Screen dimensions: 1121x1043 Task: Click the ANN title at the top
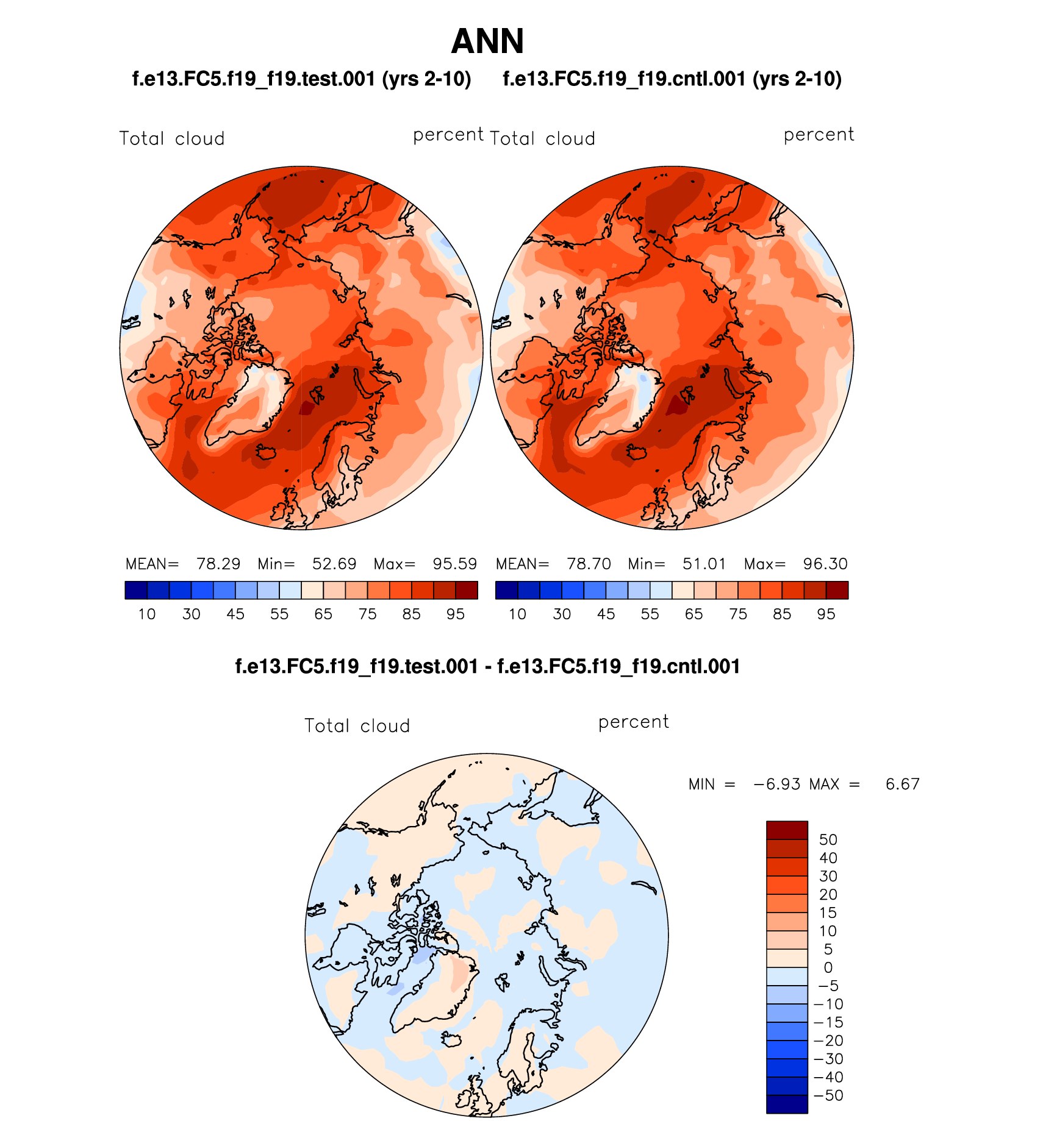487,41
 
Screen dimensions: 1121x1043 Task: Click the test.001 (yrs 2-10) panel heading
301,79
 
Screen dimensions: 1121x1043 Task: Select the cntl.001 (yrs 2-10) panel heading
672,79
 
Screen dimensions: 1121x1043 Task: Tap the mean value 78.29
218,564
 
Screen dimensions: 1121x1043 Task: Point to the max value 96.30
825,564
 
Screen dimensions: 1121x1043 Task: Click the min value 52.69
334,564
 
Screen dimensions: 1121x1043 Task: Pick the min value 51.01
704,564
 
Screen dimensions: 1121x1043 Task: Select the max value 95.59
455,564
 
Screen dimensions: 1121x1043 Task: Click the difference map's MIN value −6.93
777,785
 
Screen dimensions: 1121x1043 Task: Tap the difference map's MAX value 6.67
902,785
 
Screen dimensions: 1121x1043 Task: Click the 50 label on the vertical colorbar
828,840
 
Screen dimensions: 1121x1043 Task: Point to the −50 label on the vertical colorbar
828,1095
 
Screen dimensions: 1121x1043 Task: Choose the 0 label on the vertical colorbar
828,968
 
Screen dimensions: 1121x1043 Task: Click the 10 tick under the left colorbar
147,614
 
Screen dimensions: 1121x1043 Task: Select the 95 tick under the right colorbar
826,614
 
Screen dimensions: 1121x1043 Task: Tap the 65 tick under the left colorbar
323,614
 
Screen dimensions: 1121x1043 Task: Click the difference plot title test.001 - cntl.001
487,666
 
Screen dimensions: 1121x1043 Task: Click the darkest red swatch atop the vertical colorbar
787,830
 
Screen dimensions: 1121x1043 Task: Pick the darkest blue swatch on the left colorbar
136,590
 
